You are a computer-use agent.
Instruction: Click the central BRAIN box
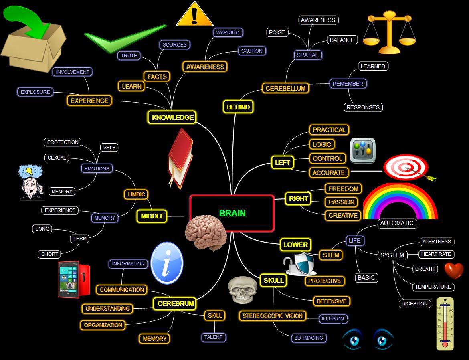(x=232, y=213)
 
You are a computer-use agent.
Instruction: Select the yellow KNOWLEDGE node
(x=172, y=117)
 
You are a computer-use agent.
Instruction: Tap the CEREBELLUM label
(x=285, y=88)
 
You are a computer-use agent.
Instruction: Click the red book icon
(x=180, y=158)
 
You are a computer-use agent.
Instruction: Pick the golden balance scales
(x=389, y=32)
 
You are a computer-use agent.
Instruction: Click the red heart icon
(x=454, y=271)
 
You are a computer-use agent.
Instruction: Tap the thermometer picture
(x=445, y=324)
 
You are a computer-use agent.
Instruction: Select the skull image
(x=242, y=290)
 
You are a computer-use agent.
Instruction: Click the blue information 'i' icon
(x=167, y=263)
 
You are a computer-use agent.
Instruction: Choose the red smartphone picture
(x=74, y=280)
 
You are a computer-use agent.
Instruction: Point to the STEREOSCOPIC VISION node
(x=273, y=316)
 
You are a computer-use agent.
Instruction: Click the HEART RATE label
(x=436, y=254)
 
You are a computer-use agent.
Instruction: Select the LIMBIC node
(x=136, y=194)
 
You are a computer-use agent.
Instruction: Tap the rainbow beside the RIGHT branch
(x=400, y=202)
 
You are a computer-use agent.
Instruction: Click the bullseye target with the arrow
(x=406, y=168)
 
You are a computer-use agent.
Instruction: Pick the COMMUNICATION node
(x=122, y=290)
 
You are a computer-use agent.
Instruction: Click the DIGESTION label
(x=414, y=304)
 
